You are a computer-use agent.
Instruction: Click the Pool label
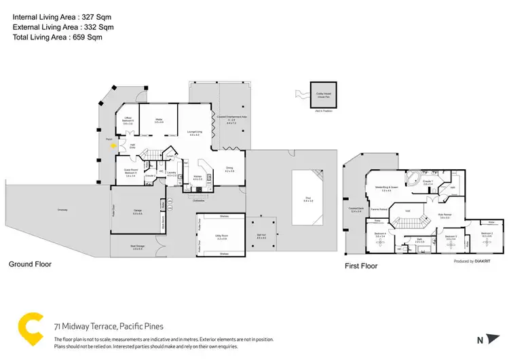(307, 201)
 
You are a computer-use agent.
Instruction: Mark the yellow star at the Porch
(113, 145)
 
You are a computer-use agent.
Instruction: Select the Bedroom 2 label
(487, 234)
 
